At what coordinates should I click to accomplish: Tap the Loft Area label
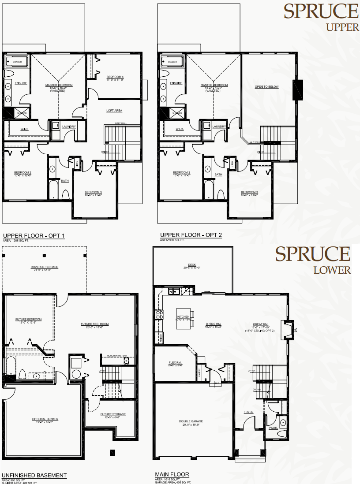point(114,111)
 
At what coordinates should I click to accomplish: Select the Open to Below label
point(267,86)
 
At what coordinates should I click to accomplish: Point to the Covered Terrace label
point(44,267)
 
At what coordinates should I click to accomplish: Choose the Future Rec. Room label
point(94,324)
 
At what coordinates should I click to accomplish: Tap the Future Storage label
point(113,414)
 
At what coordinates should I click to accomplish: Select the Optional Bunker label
point(45,419)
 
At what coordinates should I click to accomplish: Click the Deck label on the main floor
point(192,265)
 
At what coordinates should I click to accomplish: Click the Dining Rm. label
point(214,324)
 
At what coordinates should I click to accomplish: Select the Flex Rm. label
point(175,363)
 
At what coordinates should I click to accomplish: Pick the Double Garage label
point(191,421)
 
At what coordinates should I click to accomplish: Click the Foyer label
point(249,412)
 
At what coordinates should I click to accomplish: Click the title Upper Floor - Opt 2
point(191,235)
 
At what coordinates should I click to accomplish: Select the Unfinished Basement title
point(34,475)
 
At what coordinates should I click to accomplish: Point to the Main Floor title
point(172,474)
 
